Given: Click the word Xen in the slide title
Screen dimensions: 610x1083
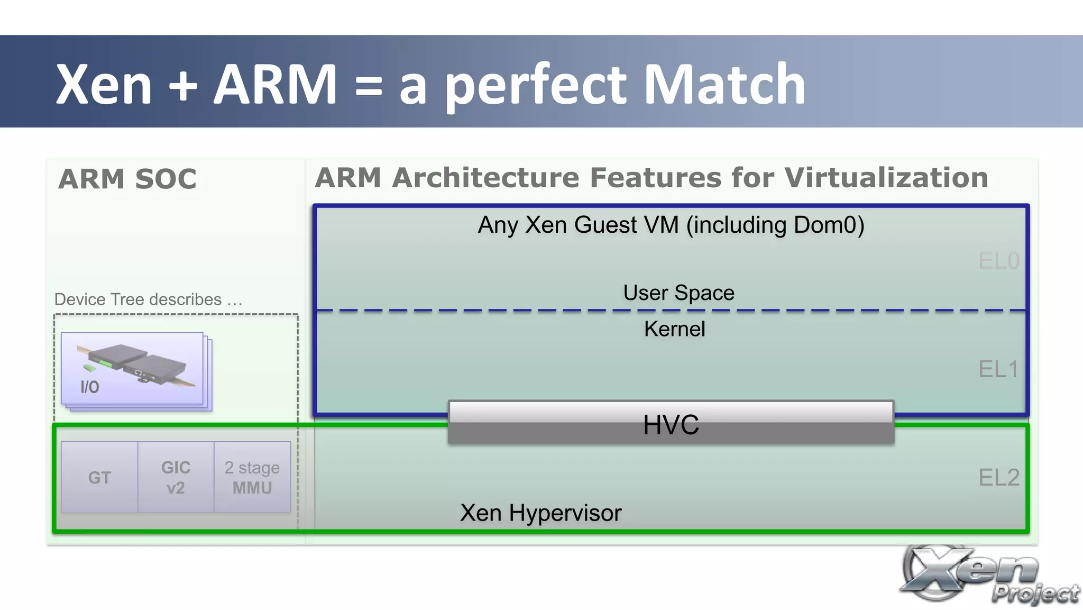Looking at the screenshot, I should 104,85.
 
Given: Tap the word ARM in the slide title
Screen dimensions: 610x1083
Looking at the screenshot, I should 274,85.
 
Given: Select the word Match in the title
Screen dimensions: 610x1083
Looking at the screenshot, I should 724,85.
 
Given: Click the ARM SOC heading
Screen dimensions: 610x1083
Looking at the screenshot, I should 127,179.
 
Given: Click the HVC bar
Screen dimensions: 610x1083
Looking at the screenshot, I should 671,424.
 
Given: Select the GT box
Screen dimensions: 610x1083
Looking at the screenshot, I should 99,477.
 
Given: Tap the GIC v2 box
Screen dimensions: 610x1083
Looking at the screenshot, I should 176,477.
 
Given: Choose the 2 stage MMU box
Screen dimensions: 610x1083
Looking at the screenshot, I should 252,477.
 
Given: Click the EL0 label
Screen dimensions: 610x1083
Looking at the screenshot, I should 998,261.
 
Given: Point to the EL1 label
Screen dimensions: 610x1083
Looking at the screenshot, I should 998,369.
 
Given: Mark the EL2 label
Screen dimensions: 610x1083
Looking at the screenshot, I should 998,478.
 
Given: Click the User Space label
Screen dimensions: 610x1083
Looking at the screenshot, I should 678,293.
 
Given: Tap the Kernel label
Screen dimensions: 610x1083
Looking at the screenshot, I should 674,329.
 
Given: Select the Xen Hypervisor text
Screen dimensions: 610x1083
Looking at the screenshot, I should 540,513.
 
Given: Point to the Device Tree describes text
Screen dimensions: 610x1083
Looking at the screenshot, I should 148,299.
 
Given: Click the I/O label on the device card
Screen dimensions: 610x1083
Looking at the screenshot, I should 89,387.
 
